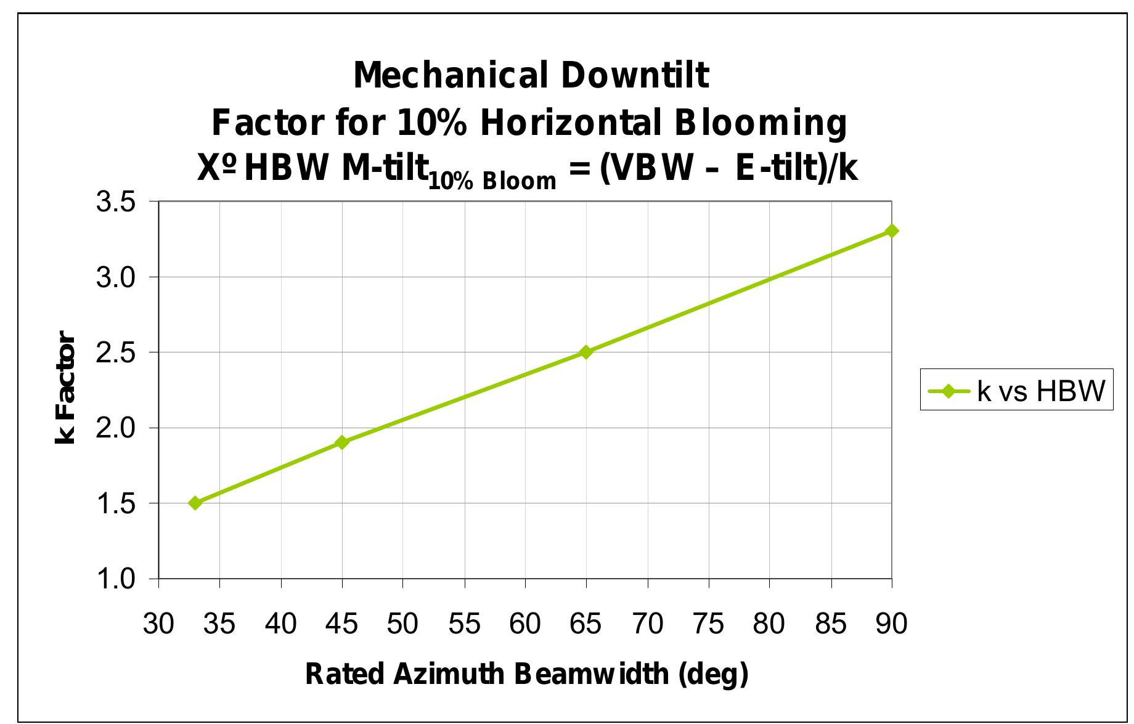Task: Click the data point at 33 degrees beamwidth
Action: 195,503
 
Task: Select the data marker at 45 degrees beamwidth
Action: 342,442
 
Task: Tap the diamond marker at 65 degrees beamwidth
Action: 586,352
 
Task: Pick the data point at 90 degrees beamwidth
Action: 891,231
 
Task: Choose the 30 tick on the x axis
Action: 159,624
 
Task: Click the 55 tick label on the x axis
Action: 464,624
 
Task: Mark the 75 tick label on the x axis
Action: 708,624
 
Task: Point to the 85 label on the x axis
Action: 830,624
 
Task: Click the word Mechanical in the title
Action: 451,75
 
